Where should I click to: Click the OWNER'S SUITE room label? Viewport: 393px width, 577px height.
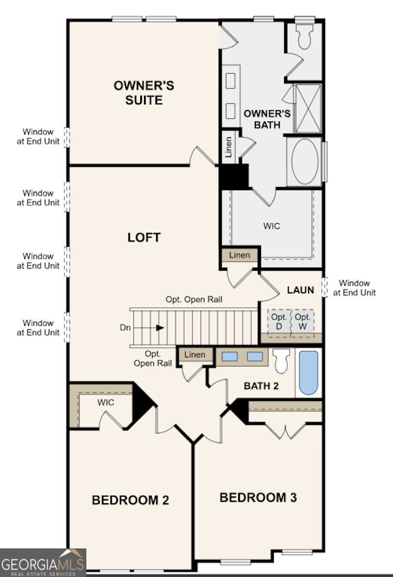(144, 93)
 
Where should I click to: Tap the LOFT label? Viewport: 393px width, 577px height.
(144, 238)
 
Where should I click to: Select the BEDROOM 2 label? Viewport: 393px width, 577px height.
(131, 500)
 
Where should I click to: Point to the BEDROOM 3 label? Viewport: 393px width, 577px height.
(258, 497)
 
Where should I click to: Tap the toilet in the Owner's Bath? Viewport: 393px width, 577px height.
(304, 36)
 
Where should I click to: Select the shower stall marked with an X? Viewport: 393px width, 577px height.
(308, 109)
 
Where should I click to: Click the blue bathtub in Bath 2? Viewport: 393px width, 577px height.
(309, 372)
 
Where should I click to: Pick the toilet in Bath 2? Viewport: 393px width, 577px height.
(281, 361)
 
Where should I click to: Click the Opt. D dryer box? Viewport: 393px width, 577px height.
(279, 321)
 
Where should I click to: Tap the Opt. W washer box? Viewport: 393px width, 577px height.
(303, 321)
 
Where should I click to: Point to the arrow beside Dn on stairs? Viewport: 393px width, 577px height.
(160, 328)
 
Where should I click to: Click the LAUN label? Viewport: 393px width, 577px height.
(300, 290)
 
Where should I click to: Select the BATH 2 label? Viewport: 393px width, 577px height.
(262, 386)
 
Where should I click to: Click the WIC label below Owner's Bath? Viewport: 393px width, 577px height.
(272, 226)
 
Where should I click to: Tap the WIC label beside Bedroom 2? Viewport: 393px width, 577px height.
(105, 402)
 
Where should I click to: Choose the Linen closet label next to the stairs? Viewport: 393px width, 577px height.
(195, 355)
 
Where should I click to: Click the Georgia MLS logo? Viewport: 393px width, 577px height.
(43, 563)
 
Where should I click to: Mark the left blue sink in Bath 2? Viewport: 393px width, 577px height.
(230, 357)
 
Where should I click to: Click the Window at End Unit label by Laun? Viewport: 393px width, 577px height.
(354, 288)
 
